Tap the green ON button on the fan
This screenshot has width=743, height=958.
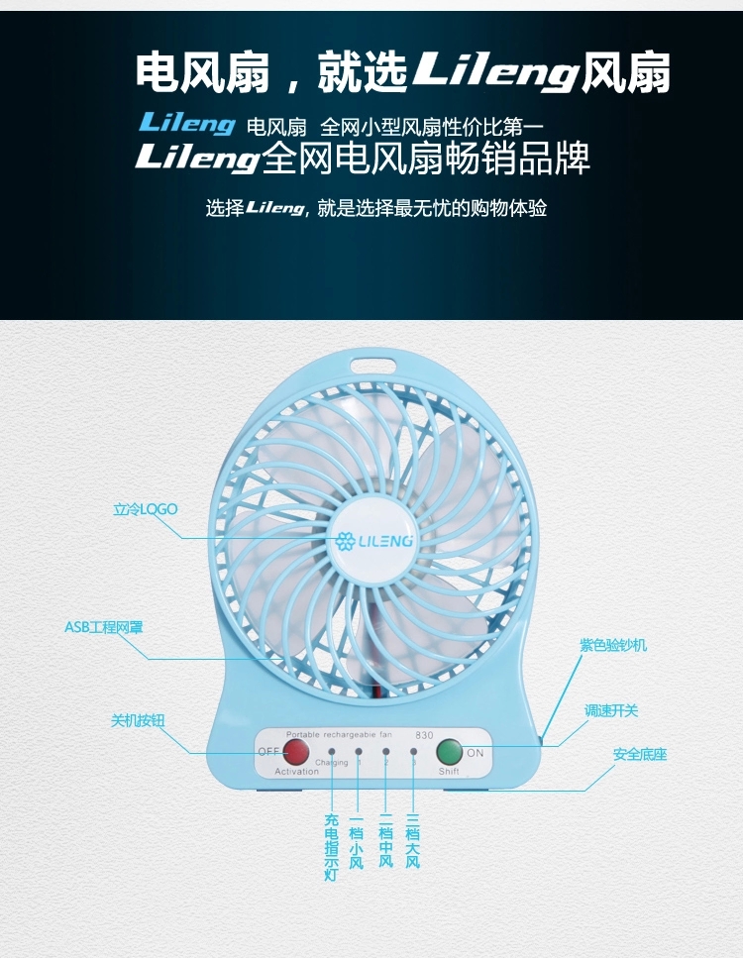tap(450, 752)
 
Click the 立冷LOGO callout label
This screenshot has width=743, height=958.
tap(145, 509)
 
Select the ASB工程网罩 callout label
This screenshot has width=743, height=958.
tap(104, 627)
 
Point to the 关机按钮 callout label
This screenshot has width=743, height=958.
tap(137, 720)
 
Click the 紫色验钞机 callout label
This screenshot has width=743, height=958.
tap(613, 645)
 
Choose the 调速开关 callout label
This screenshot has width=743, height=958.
tap(611, 710)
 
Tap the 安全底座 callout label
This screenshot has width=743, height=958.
tap(640, 755)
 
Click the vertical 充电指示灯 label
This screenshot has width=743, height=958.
tap(331, 847)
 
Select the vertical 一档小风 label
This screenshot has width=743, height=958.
tap(357, 840)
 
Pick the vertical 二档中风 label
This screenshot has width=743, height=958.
tap(385, 840)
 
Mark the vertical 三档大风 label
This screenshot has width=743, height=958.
tap(413, 840)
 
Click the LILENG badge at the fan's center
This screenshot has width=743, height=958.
tap(372, 541)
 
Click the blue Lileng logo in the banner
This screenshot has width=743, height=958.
tap(186, 125)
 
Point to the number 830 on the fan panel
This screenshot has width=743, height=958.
tap(424, 734)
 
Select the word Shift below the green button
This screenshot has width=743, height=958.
tap(449, 771)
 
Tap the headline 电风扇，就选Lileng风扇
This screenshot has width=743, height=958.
tap(402, 72)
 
